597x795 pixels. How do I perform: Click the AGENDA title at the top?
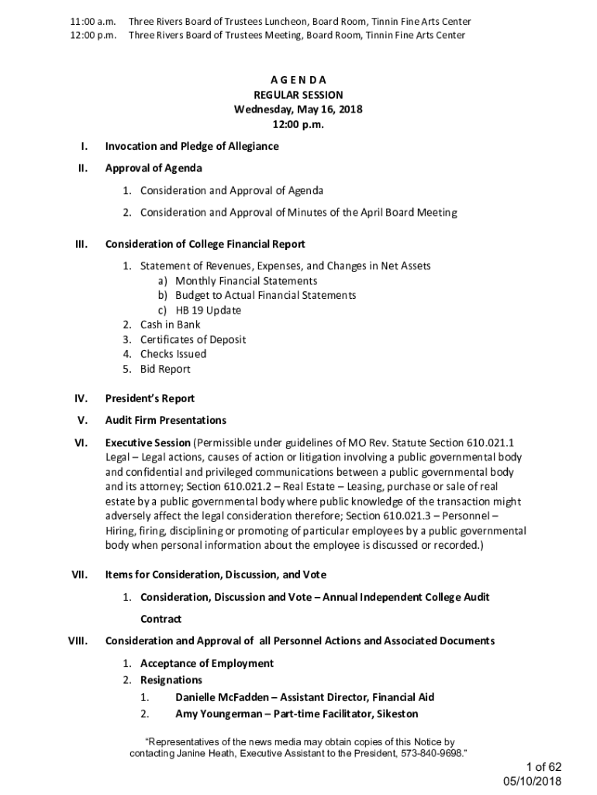(x=298, y=80)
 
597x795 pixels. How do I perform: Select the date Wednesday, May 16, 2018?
(x=298, y=109)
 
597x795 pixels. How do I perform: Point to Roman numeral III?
(x=80, y=245)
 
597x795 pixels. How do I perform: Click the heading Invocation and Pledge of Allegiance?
(x=192, y=146)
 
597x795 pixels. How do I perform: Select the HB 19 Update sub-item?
(x=208, y=311)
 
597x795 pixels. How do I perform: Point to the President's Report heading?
(x=150, y=398)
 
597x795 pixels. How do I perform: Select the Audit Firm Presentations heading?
(x=165, y=420)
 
